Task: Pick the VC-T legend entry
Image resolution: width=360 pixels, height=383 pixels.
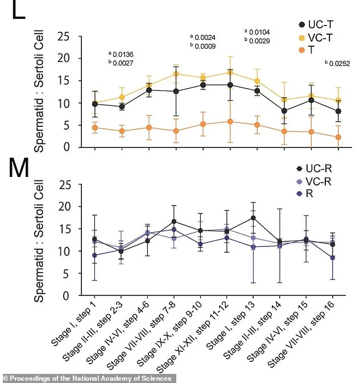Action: point(316,38)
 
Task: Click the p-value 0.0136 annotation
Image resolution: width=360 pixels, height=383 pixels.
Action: point(123,55)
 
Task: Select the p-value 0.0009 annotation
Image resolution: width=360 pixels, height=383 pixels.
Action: point(204,47)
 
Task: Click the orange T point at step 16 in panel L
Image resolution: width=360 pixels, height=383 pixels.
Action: point(338,137)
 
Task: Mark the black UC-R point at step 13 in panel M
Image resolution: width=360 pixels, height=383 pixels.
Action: point(253,218)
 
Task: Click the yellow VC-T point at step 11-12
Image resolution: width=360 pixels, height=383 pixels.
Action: point(230,72)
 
